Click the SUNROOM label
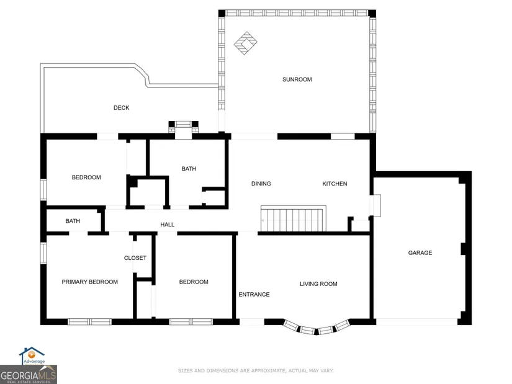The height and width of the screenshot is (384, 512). (x=297, y=79)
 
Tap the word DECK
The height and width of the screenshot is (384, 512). (x=122, y=108)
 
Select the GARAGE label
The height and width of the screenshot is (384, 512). (x=420, y=252)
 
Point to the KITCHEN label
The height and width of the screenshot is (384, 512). (x=335, y=184)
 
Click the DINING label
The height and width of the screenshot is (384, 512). (x=261, y=184)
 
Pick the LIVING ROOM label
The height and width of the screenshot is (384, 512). (x=318, y=284)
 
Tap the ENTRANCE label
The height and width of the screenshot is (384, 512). (x=254, y=295)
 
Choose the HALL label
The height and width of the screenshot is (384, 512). (x=167, y=225)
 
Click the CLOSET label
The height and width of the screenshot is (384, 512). (x=135, y=258)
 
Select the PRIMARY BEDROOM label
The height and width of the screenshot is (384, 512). (x=90, y=282)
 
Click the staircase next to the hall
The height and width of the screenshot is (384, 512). (x=293, y=219)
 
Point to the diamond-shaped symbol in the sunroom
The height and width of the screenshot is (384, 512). (x=246, y=43)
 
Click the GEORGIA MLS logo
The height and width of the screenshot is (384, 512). (x=29, y=375)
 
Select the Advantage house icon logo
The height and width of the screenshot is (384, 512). (x=32, y=355)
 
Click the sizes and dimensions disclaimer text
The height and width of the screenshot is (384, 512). (x=256, y=370)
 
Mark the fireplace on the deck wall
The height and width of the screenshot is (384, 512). (x=183, y=127)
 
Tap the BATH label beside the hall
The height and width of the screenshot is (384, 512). (x=73, y=221)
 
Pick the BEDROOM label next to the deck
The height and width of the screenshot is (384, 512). (x=86, y=177)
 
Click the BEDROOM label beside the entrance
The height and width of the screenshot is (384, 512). (x=194, y=282)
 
